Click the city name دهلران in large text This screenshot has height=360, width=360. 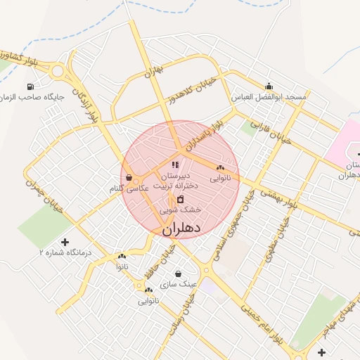(x=181, y=229)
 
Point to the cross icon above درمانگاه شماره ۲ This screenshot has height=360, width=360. (x=65, y=242)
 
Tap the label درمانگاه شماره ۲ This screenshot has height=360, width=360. (x=65, y=251)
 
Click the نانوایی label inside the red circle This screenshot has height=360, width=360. (x=220, y=179)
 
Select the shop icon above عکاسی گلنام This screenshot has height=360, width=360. (x=128, y=178)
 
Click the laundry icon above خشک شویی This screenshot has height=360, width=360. (x=180, y=200)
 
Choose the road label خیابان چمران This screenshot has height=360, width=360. (x=41, y=197)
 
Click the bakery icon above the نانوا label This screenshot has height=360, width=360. (x=122, y=257)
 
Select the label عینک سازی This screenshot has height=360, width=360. (x=178, y=284)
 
